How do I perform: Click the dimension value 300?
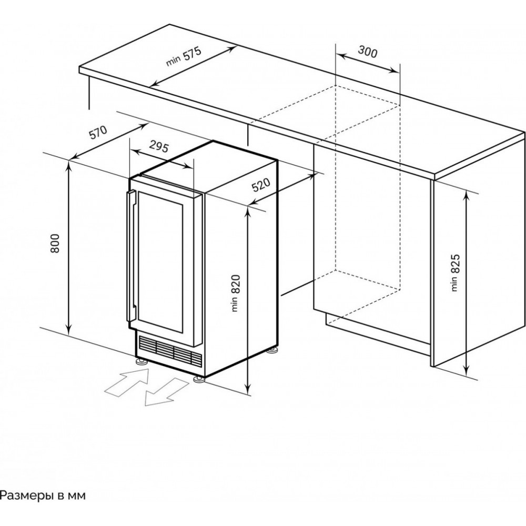point(367,52)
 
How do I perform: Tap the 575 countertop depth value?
point(192,54)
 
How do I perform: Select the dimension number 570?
point(98,132)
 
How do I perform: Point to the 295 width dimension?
point(159,146)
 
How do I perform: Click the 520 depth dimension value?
point(261,185)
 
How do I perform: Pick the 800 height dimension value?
point(55,243)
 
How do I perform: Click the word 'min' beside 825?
point(454,284)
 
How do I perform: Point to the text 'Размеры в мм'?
point(43,495)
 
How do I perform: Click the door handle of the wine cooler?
point(131,256)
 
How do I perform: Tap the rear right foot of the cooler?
point(272,351)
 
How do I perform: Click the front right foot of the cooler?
point(199,379)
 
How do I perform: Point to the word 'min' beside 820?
point(236,304)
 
